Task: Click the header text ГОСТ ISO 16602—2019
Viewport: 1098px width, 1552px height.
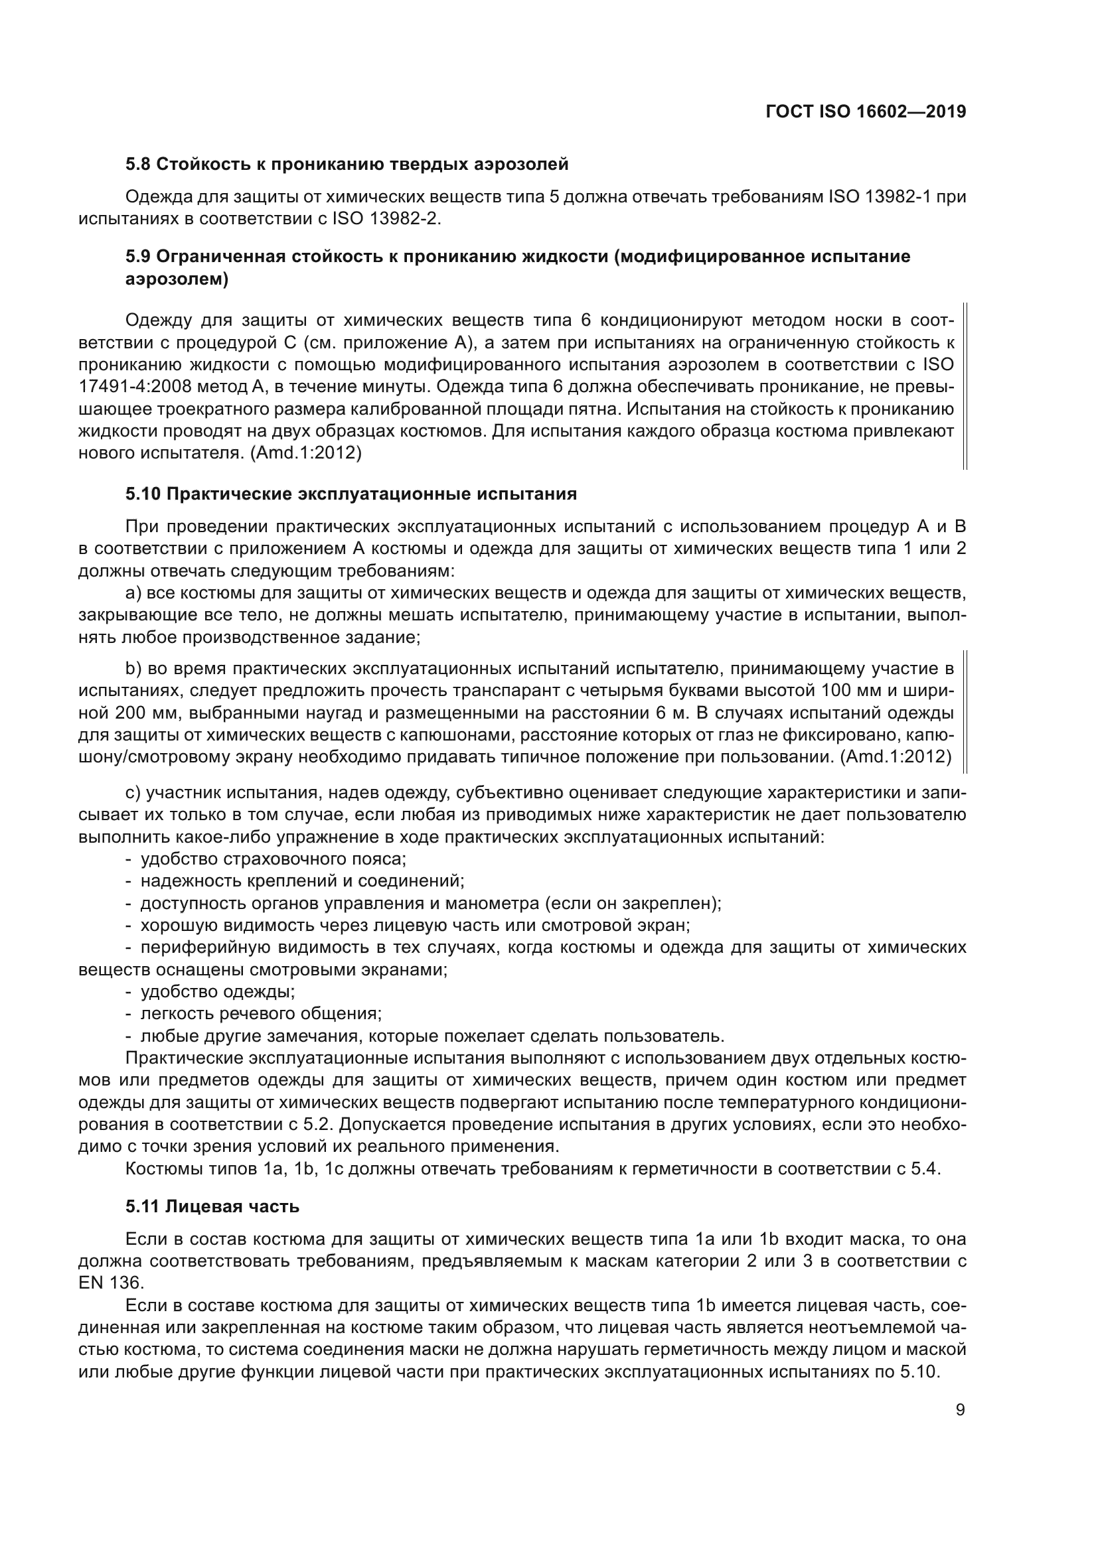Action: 866,111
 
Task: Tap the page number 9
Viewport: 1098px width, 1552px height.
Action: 960,1409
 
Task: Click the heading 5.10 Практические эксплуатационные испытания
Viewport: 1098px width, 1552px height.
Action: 351,494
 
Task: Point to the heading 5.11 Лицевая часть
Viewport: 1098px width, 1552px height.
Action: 212,1206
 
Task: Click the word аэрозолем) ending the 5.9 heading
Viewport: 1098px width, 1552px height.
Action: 177,279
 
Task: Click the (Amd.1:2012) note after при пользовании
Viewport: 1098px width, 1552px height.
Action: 896,756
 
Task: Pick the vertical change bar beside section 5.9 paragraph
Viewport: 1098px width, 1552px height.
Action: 965,386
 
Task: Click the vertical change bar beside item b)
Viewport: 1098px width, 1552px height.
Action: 965,712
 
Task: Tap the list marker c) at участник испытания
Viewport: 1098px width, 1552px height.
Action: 133,792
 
